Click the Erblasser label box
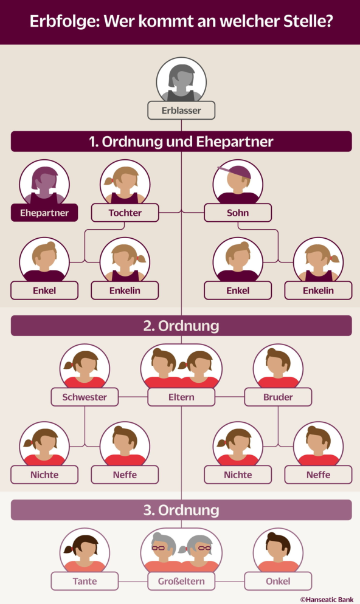pos(181,111)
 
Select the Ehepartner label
pos(44,213)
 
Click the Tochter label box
pos(125,213)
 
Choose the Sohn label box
pos(238,213)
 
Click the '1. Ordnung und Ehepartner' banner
pos(181,142)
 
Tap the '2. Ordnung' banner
pos(181,326)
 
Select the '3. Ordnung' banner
pos(181,510)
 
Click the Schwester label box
pos(85,397)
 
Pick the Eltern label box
pos(181,397)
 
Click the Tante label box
pos(85,582)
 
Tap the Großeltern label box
pos(181,582)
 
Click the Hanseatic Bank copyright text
pos(327,599)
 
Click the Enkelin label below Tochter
pos(125,290)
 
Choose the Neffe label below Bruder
pos(319,475)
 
